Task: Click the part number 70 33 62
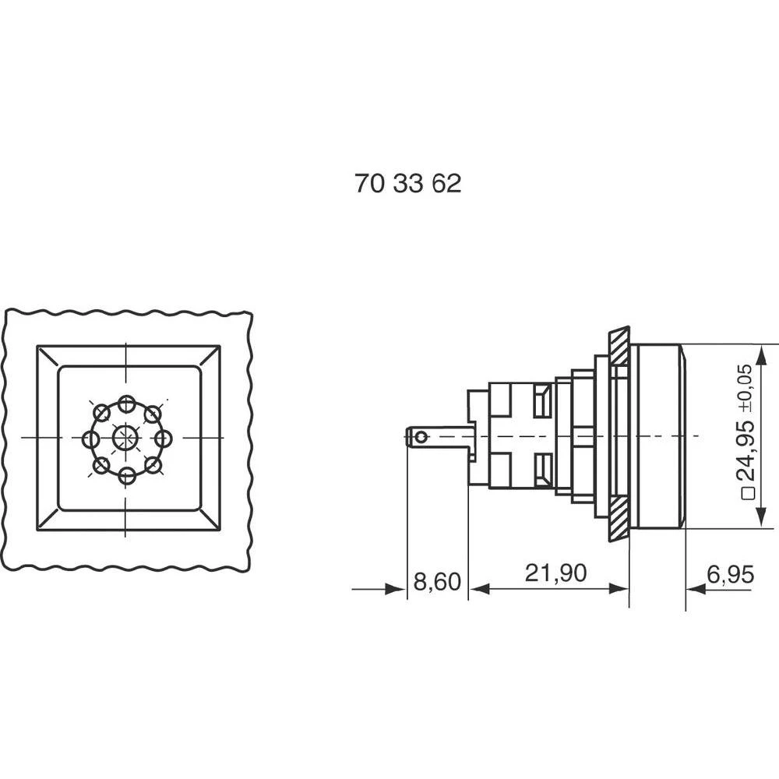407,184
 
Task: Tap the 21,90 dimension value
555,574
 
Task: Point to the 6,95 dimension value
730,576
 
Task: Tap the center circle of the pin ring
125,437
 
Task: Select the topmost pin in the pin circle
126,403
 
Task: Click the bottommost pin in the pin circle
126,474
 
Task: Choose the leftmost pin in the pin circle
90,439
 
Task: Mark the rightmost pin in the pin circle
163,439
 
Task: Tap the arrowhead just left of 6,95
695,590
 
